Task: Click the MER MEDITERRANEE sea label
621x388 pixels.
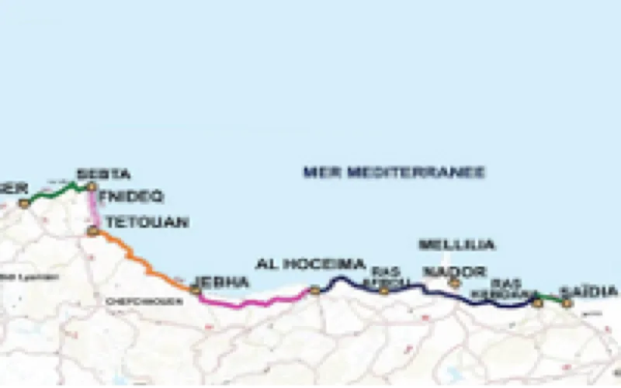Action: click(x=394, y=171)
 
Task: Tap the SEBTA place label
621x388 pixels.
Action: click(x=103, y=174)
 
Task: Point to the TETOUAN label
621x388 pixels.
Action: click(x=147, y=223)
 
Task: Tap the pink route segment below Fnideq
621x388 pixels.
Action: click(x=94, y=208)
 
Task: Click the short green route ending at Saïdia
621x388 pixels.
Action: click(x=552, y=299)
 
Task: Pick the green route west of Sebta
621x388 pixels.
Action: click(x=58, y=190)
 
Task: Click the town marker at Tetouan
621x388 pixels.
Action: click(x=93, y=230)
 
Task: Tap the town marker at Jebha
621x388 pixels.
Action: click(x=196, y=290)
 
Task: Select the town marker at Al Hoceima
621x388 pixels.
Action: click(x=315, y=290)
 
